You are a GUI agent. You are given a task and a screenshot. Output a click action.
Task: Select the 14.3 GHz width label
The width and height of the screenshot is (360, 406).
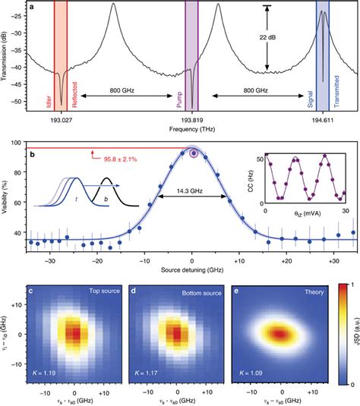pyautogui.click(x=192, y=193)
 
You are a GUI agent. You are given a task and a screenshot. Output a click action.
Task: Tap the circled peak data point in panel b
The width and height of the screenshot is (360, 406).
pyautogui.click(x=193, y=153)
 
